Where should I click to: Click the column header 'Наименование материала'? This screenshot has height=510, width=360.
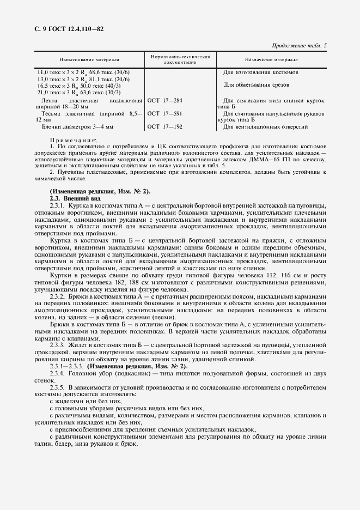pyautogui.click(x=89, y=59)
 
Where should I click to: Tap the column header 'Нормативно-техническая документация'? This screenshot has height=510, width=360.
pyautogui.click(x=180, y=59)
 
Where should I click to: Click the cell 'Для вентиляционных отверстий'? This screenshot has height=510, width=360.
pyautogui.click(x=265, y=126)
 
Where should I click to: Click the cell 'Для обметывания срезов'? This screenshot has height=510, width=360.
pyautogui.click(x=256, y=84)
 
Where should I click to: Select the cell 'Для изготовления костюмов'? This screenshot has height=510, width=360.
pyautogui.click(x=260, y=72)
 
